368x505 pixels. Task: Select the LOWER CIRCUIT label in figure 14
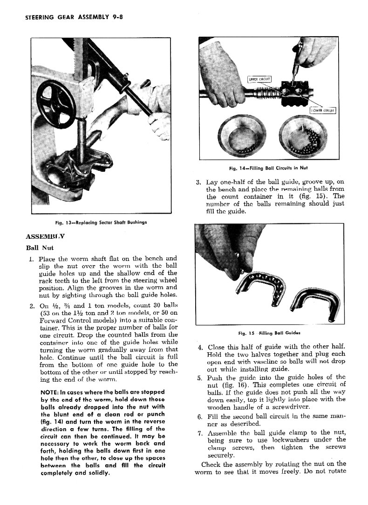pyautogui.click(x=323, y=110)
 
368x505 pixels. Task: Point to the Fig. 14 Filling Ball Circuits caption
pyautogui.click(x=266, y=168)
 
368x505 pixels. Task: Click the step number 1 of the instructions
pyautogui.click(x=29, y=259)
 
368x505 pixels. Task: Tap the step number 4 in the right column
pyautogui.click(x=200, y=347)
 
